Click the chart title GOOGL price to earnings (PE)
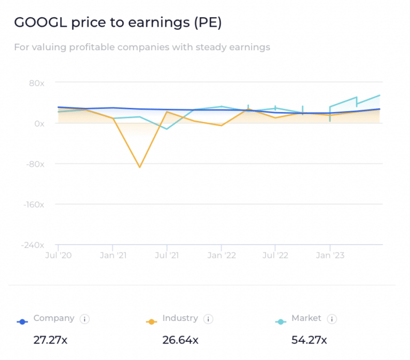(x=117, y=23)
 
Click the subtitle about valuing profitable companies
(x=142, y=48)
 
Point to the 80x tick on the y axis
(x=36, y=83)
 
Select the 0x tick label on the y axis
(x=39, y=123)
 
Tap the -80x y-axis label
(x=35, y=164)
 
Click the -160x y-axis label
(x=33, y=204)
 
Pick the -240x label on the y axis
(x=33, y=245)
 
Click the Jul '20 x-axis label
(x=58, y=255)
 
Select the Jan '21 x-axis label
(x=113, y=255)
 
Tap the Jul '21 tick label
(x=167, y=255)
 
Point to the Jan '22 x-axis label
(x=222, y=255)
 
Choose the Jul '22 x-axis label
(x=275, y=255)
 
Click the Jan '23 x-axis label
(x=330, y=255)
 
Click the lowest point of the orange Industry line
(x=140, y=167)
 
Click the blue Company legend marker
(x=22, y=322)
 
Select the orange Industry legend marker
(x=152, y=322)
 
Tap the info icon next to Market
(x=332, y=319)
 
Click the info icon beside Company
(x=84, y=319)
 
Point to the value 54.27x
(x=309, y=340)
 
